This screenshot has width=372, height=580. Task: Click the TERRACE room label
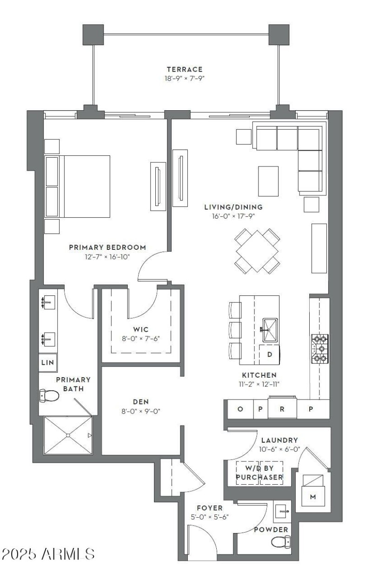[185, 69]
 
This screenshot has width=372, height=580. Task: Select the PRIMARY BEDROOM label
[107, 247]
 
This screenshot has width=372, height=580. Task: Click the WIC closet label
[140, 329]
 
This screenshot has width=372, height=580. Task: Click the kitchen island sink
[271, 330]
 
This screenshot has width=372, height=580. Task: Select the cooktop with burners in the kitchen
[319, 348]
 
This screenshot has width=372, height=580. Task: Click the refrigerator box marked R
[281, 409]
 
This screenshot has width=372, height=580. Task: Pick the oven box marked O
[240, 409]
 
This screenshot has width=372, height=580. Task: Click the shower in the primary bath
[68, 435]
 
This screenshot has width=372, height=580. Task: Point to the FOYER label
[209, 508]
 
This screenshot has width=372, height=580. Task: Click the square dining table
[257, 251]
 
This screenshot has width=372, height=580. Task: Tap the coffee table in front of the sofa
[268, 180]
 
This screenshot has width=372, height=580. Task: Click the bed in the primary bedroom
[78, 187]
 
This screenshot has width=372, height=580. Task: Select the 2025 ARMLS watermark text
[49, 553]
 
